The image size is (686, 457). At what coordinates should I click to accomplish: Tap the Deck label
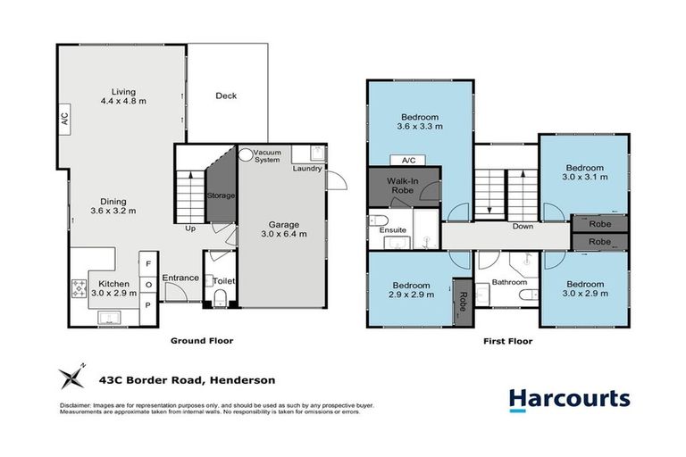(x=226, y=96)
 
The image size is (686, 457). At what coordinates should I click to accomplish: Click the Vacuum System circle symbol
(x=244, y=154)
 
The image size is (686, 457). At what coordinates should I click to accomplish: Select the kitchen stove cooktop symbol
(x=77, y=287)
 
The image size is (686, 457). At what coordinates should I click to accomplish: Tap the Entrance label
(x=180, y=278)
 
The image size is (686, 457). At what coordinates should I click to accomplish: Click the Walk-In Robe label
(x=403, y=186)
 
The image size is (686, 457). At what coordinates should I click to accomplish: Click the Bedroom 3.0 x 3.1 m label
(x=585, y=172)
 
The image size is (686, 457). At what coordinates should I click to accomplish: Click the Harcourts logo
(x=569, y=399)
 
